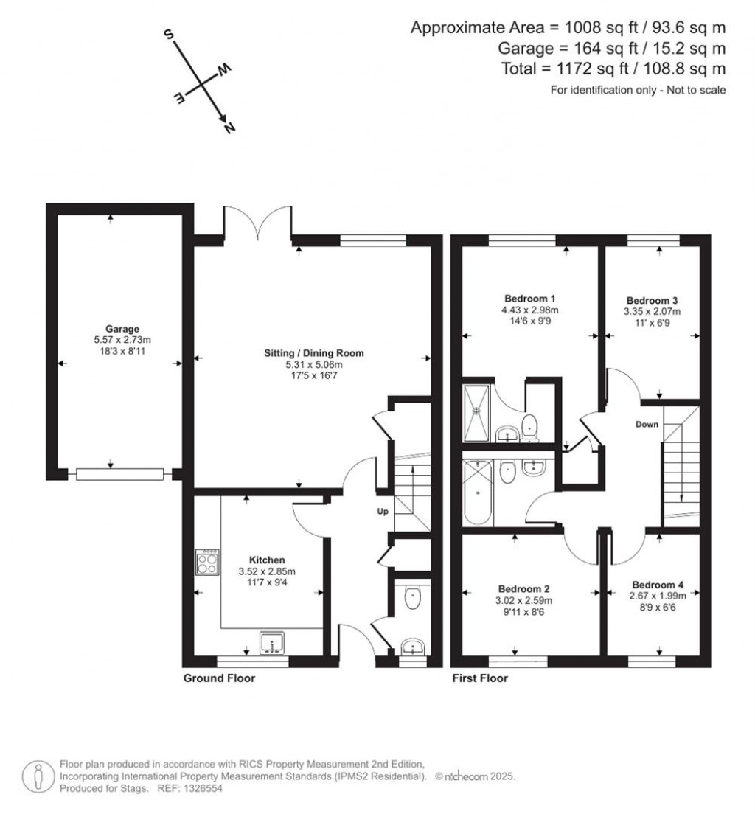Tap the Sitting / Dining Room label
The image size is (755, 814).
[x=314, y=353]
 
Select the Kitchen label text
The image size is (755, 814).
[x=266, y=560]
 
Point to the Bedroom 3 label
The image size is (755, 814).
[x=652, y=301]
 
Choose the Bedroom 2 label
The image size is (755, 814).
[x=523, y=588]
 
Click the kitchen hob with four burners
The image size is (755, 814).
[x=207, y=563]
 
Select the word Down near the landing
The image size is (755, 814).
[x=647, y=425]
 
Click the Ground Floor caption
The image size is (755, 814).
[x=219, y=678]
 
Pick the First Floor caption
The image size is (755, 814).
[x=480, y=678]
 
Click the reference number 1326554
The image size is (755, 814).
[x=200, y=788]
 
